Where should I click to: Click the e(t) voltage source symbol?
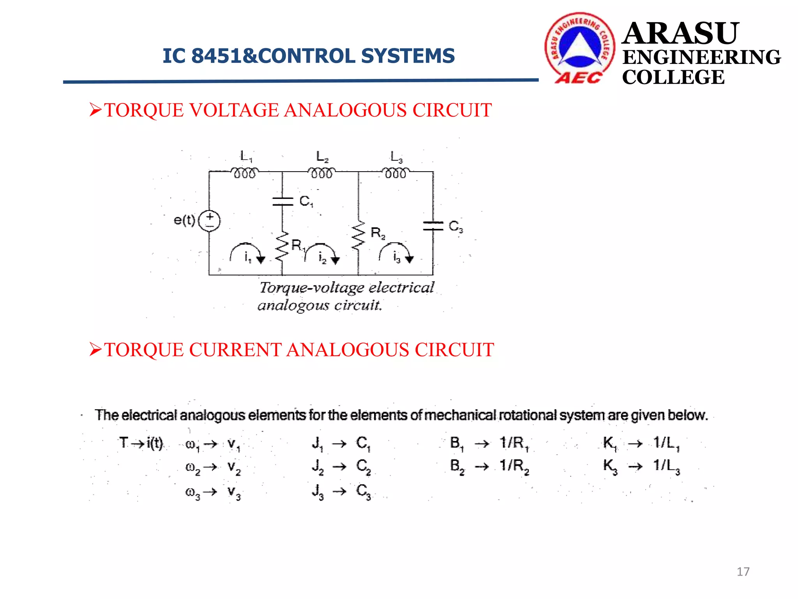pos(209,221)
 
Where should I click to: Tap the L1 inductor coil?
pos(244,173)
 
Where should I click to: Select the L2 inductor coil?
pos(321,173)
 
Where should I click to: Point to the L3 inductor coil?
pos(395,173)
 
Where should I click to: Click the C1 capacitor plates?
pos(282,201)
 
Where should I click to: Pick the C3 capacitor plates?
pos(433,226)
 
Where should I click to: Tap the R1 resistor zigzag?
pos(282,246)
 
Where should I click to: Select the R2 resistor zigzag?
pos(358,235)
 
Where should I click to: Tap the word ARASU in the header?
pos(680,34)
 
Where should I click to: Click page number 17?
pos(743,572)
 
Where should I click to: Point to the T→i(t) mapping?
pos(141,443)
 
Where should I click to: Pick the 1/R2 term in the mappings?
pos(514,466)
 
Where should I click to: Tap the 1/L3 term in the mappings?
pos(666,466)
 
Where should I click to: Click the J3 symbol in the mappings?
pos(318,491)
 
